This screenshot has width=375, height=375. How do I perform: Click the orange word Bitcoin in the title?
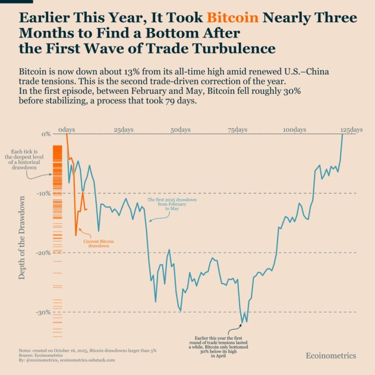pyautogui.click(x=232, y=18)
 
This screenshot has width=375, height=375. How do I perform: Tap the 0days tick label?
pyautogui.click(x=66, y=130)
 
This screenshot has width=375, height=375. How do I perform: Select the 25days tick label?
pyautogui.click(x=124, y=130)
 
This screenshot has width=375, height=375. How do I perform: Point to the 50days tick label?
pyautogui.click(x=181, y=130)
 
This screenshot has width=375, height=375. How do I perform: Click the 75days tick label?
pyautogui.click(x=237, y=130)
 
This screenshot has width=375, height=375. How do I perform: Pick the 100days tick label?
pyautogui.click(x=294, y=130)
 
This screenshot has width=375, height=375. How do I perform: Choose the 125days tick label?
pyautogui.click(x=352, y=130)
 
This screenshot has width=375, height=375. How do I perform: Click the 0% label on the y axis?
pyautogui.click(x=46, y=134)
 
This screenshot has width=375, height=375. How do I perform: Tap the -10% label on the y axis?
pyautogui.click(x=43, y=193)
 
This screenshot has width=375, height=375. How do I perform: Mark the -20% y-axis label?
pyautogui.click(x=43, y=253)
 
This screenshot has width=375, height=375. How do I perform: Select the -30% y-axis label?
pyautogui.click(x=43, y=312)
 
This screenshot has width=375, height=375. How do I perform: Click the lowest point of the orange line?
pyautogui.click(x=76, y=236)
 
